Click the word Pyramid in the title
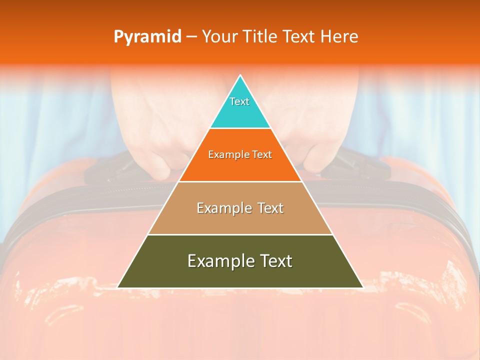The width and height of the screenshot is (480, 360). click(x=147, y=37)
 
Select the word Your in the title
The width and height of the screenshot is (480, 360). click(x=219, y=37)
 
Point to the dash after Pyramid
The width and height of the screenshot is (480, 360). click(x=191, y=37)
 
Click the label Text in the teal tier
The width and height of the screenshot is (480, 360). click(x=239, y=101)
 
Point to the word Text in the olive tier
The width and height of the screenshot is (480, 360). click(x=274, y=261)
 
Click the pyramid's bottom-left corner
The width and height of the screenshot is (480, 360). click(x=118, y=287)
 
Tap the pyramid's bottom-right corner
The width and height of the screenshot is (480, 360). click(x=362, y=287)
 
